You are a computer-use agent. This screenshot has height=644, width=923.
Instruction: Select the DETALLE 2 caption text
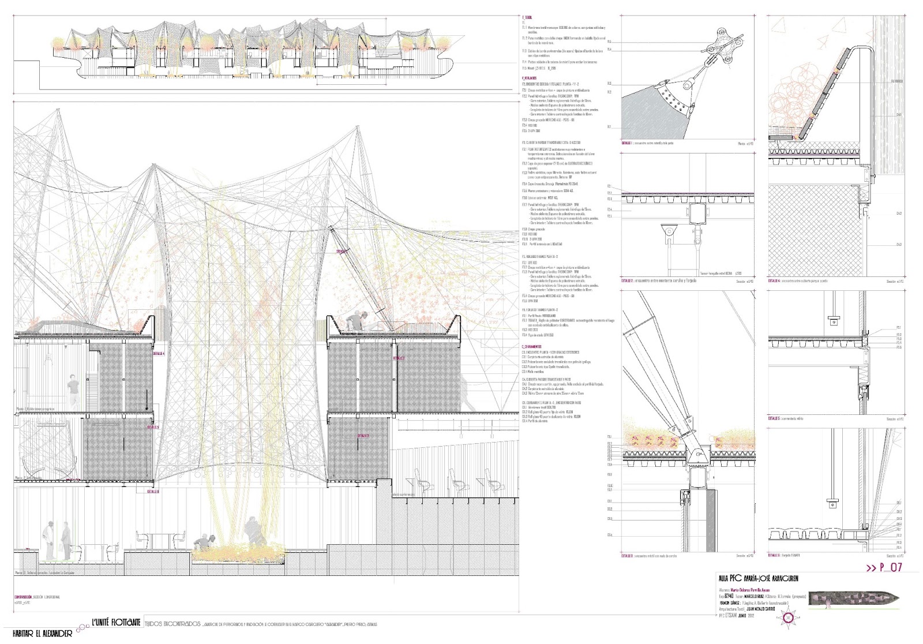tap(659, 281)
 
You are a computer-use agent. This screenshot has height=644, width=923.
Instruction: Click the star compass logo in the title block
tap(787, 619)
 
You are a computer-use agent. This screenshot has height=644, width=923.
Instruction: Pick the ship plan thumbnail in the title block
tap(854, 598)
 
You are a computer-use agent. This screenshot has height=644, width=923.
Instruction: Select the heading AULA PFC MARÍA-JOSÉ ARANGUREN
tap(758, 578)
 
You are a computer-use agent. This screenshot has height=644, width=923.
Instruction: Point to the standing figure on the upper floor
tap(73, 391)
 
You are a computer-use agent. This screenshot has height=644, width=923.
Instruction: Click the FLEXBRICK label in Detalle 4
tap(896, 81)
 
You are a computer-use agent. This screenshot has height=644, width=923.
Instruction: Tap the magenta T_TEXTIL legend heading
tap(527, 18)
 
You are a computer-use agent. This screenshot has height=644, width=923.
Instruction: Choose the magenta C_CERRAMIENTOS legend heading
tap(531, 347)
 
